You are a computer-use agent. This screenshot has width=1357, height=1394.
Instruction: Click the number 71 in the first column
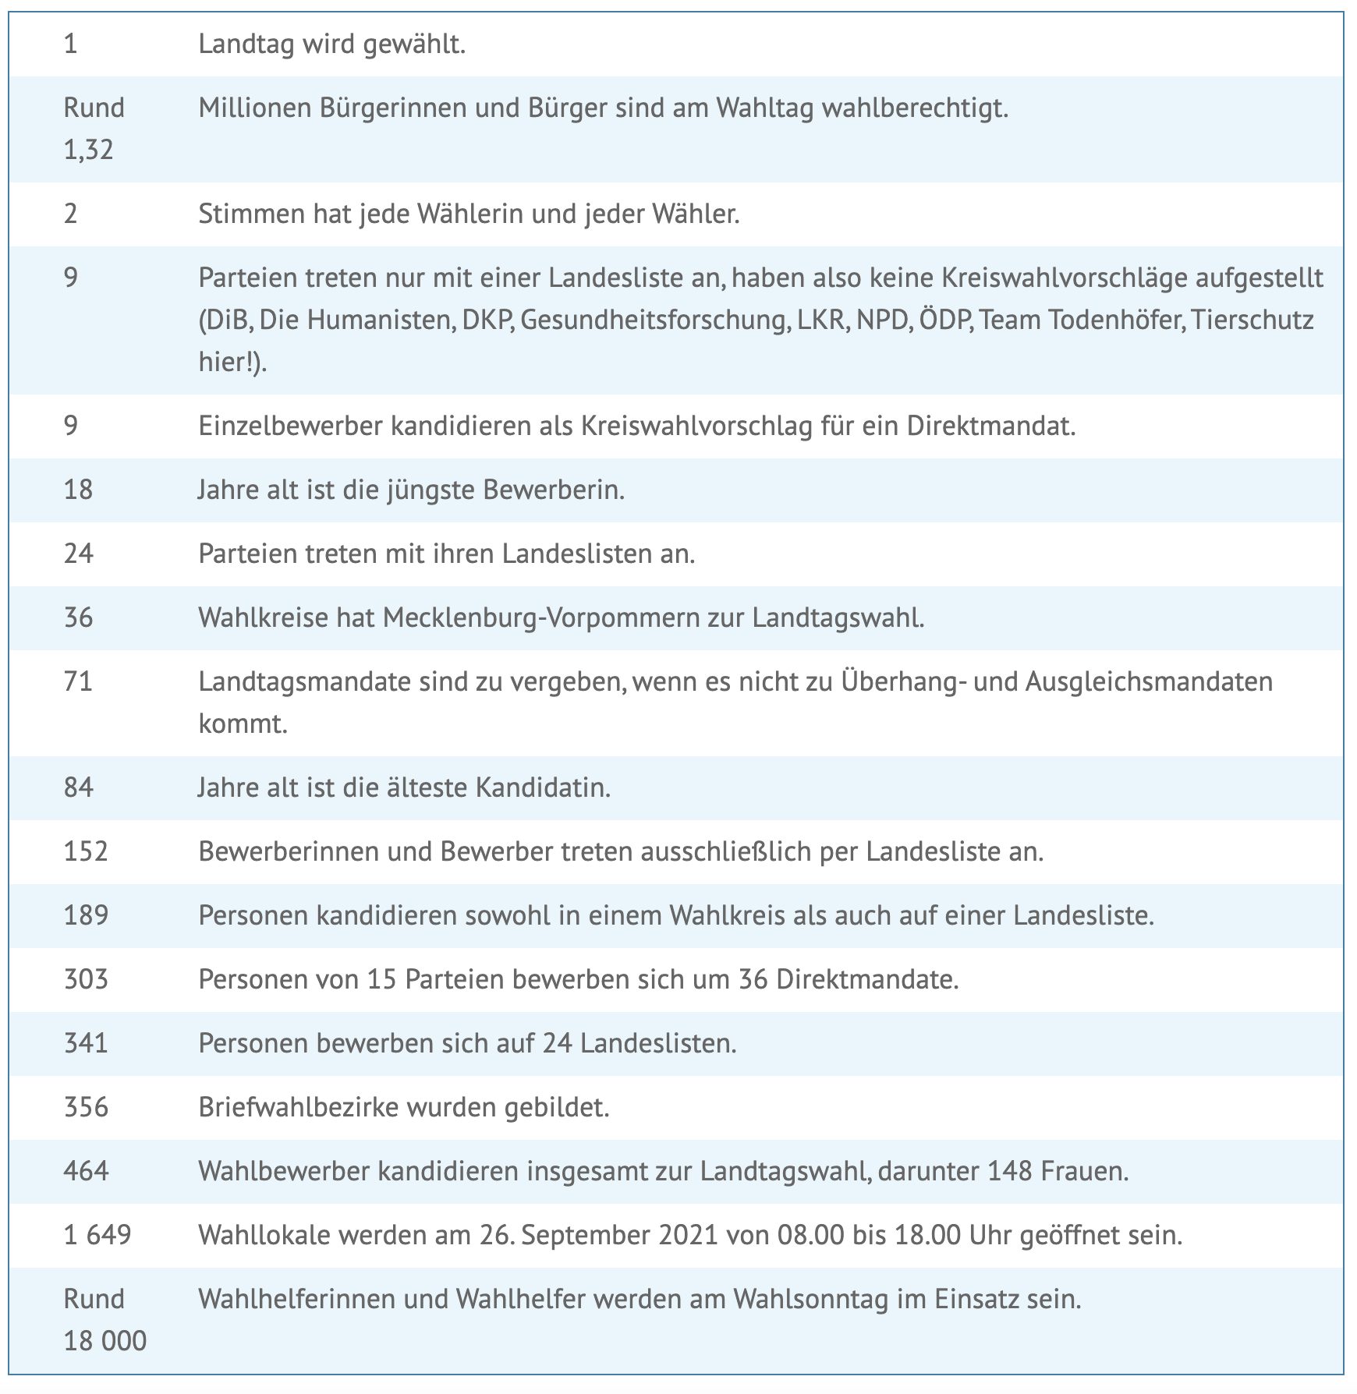click(78, 682)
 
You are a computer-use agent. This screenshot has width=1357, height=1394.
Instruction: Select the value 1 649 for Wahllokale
click(97, 1236)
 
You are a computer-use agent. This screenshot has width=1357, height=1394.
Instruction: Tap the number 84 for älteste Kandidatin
click(78, 787)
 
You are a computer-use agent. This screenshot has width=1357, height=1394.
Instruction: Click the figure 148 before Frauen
click(1010, 1172)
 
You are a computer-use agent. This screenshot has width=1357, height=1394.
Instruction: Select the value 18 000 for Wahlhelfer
click(105, 1341)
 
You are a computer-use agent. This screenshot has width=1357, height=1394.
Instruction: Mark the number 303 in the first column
click(86, 979)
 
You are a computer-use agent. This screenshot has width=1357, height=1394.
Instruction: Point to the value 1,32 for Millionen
click(88, 150)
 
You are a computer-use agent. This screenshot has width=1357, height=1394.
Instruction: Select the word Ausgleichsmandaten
click(1148, 682)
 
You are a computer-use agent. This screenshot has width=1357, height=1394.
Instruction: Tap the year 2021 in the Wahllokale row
click(688, 1236)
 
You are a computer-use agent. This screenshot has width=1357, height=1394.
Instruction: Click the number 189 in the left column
click(86, 915)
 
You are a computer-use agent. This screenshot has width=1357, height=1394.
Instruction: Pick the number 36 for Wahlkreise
click(78, 618)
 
